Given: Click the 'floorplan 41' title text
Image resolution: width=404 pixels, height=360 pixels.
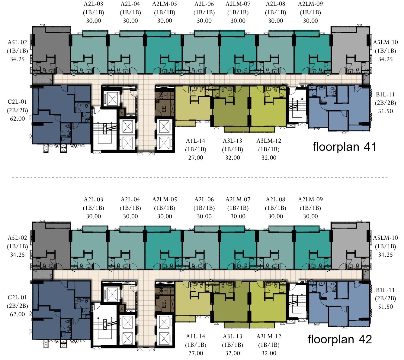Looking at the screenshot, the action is (x=345, y=147).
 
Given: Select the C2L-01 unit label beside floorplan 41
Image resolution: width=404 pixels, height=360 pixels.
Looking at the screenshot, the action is (x=17, y=102).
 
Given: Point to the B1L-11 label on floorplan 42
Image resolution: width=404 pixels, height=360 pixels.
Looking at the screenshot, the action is (x=385, y=290).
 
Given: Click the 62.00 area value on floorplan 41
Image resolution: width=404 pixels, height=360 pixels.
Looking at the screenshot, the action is (x=17, y=118).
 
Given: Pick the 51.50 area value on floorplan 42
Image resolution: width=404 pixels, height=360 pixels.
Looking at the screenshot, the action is (x=386, y=307).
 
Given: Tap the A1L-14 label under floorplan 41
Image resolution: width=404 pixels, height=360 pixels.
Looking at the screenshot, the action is (x=196, y=141).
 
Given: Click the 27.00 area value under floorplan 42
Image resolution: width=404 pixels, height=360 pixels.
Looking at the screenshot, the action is (x=196, y=353).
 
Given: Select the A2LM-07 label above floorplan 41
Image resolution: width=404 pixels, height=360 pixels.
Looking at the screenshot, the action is (x=238, y=4).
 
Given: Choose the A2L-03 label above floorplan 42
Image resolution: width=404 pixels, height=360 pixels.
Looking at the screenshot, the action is (x=93, y=199).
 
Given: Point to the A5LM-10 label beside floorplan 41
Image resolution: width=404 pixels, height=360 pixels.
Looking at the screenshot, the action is (x=386, y=42).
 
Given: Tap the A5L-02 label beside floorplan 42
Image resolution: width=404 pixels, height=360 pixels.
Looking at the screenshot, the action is (x=17, y=238).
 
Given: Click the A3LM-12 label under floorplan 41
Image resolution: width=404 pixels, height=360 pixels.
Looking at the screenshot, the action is (x=269, y=141).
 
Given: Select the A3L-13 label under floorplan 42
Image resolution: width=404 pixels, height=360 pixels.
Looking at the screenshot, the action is (x=232, y=336).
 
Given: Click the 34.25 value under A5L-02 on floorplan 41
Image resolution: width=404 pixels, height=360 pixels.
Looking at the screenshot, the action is (x=17, y=59).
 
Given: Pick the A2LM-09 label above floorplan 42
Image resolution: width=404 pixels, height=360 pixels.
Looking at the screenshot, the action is (x=310, y=199).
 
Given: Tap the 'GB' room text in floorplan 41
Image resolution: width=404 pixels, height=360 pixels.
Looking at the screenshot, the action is (x=162, y=95).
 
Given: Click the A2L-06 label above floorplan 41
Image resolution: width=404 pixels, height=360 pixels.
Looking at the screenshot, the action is (x=204, y=4).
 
